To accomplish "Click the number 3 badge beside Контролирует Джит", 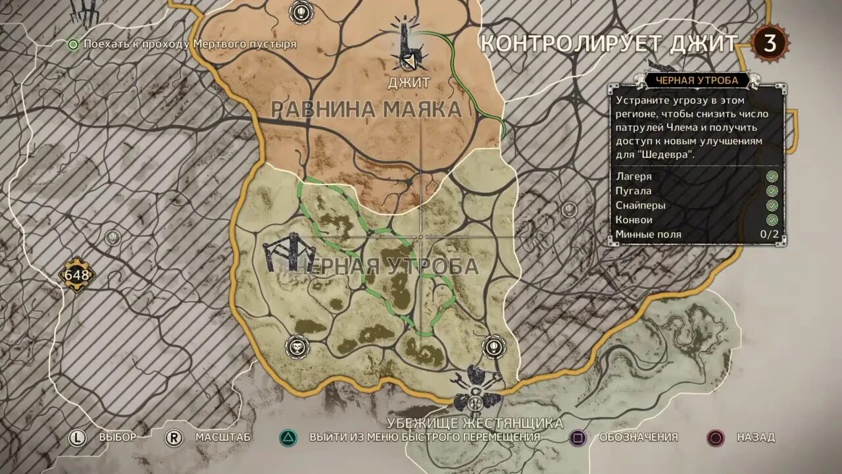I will [769, 44].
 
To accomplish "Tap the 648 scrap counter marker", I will [76, 275].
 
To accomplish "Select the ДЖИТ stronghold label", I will [409, 83].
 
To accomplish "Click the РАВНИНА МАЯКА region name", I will [366, 109].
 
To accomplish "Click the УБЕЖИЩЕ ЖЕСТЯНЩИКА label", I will [475, 423].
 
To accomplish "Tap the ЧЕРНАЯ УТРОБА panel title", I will [697, 80].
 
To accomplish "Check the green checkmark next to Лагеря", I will [772, 176].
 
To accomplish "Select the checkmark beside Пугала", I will [772, 191].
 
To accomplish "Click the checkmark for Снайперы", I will [772, 205].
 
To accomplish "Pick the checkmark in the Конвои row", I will [772, 220].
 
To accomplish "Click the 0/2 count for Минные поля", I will [769, 234].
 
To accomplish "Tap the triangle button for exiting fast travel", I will [287, 437].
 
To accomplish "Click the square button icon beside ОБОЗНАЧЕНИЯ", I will [578, 437].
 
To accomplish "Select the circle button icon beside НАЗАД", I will [716, 437].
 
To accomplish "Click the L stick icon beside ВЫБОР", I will [78, 437].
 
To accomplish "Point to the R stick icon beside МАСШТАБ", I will [174, 437].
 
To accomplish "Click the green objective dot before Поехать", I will [74, 44].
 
